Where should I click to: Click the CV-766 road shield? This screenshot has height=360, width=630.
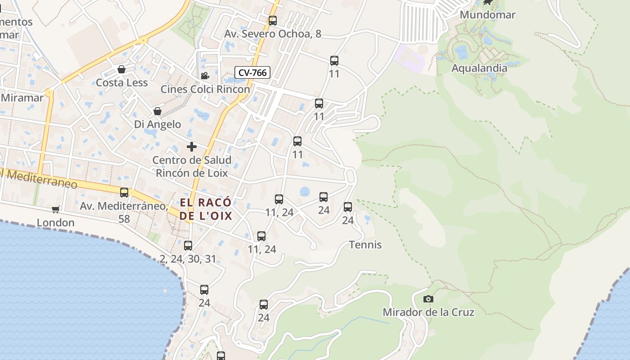[x=252, y=72]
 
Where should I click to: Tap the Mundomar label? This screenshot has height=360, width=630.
[x=487, y=15]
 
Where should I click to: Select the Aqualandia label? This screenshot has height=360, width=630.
[x=479, y=68]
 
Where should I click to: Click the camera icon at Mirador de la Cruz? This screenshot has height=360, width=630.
[x=428, y=299]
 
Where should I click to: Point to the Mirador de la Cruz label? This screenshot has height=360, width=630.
[x=428, y=312]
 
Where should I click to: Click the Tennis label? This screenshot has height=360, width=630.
[x=365, y=245]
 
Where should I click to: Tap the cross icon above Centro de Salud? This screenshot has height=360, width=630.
[x=192, y=147]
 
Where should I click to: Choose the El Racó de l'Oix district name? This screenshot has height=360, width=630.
[x=206, y=209]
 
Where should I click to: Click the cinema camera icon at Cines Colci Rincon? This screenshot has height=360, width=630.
[x=205, y=76]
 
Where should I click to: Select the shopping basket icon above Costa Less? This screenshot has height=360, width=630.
[x=121, y=69]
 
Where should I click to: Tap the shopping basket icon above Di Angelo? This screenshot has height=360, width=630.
[x=157, y=111]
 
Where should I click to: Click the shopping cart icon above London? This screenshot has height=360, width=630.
[x=56, y=209]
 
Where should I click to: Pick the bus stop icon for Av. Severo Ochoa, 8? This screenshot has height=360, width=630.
[x=273, y=20]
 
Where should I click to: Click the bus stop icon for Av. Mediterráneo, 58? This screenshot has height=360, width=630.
[x=124, y=193]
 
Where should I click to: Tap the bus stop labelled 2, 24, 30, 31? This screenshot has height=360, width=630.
[x=188, y=246]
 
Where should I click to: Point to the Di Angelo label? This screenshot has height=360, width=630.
[x=157, y=124]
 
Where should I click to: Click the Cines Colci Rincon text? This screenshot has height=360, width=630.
[x=205, y=89]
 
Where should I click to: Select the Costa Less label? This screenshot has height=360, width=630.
[x=121, y=83]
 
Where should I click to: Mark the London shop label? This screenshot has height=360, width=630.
[x=56, y=223]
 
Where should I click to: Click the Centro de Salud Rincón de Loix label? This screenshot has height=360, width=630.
[x=192, y=166]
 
